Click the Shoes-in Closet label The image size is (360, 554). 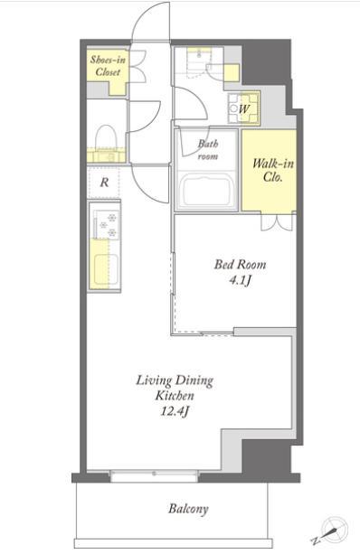coord(108,66)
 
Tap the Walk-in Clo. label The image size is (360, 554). coord(273,170)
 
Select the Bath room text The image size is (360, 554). coord(208,149)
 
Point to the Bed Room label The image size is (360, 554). coord(240,264)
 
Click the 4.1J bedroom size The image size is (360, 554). coord(240,280)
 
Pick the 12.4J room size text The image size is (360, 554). coord(175,411)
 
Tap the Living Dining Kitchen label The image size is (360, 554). coord(175,388)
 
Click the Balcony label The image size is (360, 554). coord(188,509)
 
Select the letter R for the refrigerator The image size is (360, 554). coord(104,183)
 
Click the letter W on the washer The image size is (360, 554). coord(244,108)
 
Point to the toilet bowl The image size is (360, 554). coord(104,136)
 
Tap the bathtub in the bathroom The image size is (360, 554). coord(206,191)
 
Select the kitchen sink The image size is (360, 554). coord(106,270)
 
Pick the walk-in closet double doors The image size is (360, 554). coord(278,222)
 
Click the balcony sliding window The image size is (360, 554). coord(154,475)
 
